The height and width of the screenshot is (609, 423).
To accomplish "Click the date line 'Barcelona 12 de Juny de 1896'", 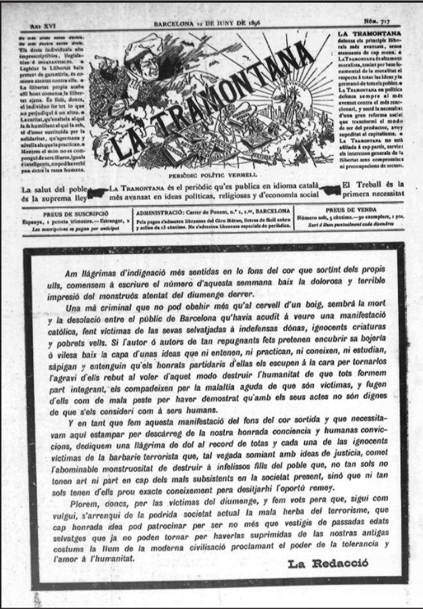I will tap(210, 22).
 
